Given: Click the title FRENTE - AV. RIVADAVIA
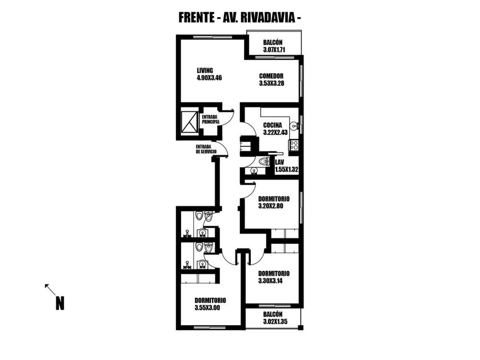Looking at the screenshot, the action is coord(240,18).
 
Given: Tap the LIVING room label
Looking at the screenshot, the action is coord(205,70).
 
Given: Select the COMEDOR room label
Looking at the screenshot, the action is coord(271,75).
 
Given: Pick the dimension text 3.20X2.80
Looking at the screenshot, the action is coord(274,206).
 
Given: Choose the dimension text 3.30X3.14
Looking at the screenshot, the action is coord(273,281).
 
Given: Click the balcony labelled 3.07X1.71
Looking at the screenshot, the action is coord(274,46).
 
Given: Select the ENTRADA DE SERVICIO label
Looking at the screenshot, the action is coord(206,149).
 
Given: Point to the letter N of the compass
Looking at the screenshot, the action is coord(59,303).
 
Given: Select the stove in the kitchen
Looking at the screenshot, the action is coord(294,145).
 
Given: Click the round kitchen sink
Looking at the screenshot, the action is coord(294,126).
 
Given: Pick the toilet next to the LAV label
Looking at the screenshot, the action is coord(263,161).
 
